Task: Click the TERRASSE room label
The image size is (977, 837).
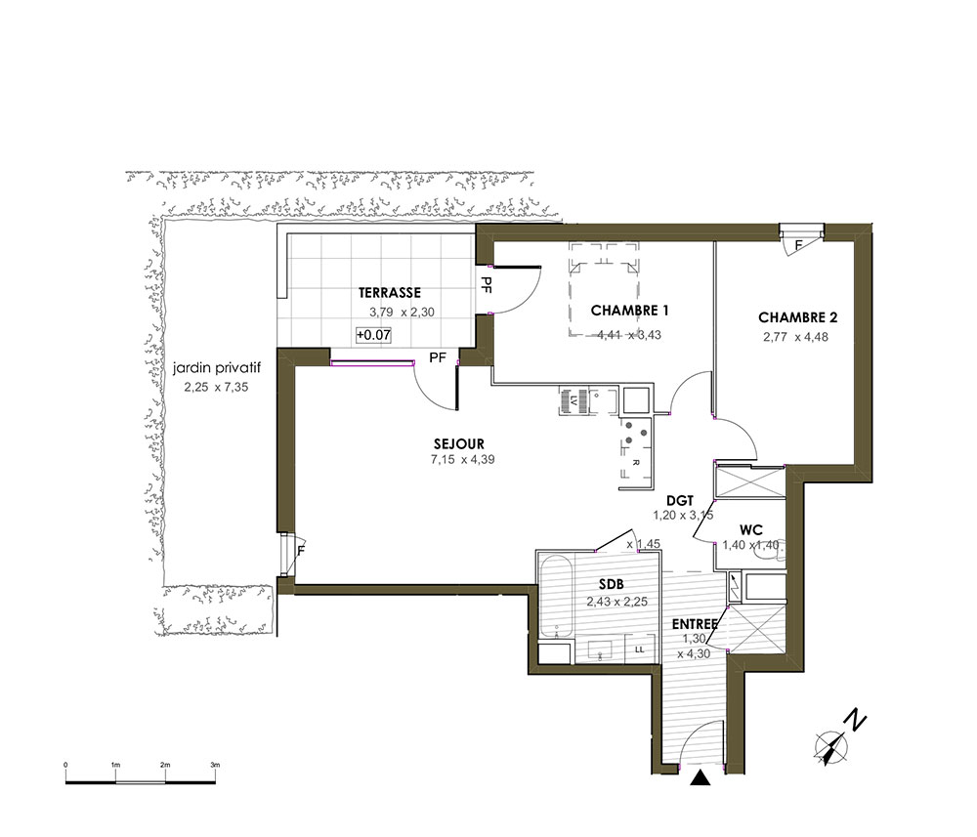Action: [390, 293]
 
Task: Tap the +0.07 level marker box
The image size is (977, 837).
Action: [374, 335]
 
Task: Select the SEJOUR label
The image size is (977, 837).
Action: [459, 444]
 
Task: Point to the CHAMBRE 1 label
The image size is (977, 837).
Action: [629, 311]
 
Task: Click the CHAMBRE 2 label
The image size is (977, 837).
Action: [797, 317]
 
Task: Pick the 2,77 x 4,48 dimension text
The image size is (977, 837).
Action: [795, 337]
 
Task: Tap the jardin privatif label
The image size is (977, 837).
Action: [217, 368]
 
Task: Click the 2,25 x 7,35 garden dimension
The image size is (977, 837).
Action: [216, 387]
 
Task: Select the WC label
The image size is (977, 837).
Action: [750, 530]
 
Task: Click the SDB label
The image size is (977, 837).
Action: [612, 585]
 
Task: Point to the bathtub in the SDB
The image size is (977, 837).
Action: [556, 598]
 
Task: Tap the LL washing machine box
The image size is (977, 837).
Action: [639, 649]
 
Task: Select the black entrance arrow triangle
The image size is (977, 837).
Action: [701, 777]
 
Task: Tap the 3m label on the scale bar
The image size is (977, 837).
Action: [215, 765]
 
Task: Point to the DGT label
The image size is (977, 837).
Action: [680, 501]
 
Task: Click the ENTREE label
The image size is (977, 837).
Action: [695, 624]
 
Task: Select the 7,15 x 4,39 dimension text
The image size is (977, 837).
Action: [462, 460]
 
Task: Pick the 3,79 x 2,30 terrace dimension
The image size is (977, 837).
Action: [402, 312]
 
